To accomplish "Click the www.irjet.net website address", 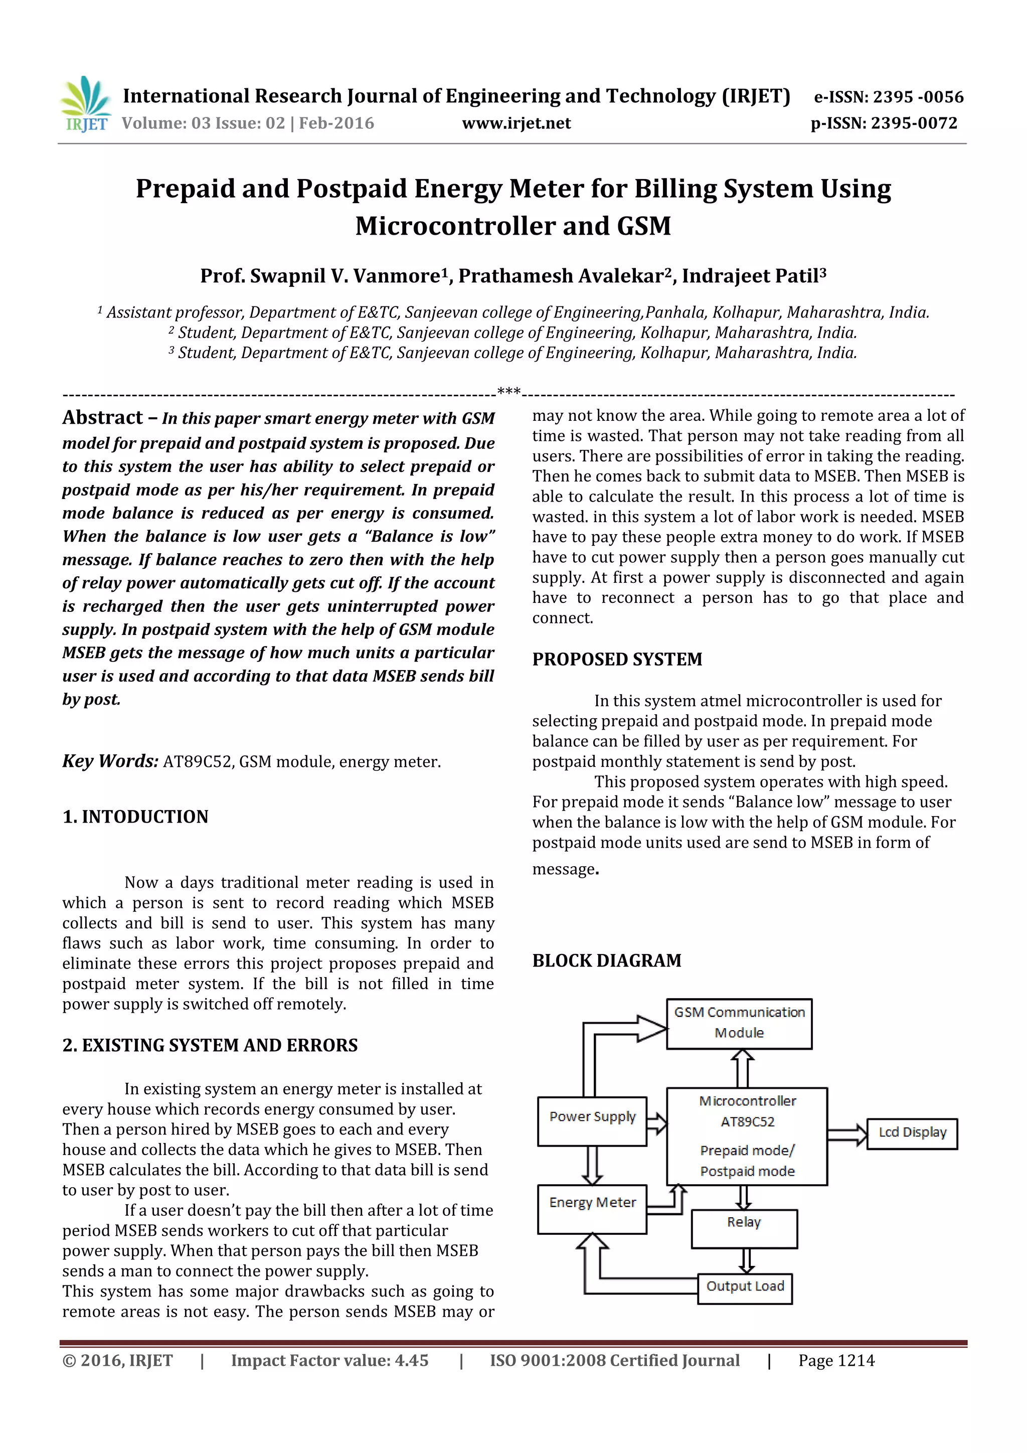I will [517, 123].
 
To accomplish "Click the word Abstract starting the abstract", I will [102, 418].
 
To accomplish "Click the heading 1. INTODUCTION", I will [135, 817].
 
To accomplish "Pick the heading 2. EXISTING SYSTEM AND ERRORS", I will [210, 1045].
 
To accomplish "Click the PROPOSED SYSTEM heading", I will [617, 660].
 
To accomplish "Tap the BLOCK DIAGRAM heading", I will [607, 960].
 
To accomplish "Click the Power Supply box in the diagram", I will [592, 1122].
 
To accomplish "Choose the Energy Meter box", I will [592, 1209].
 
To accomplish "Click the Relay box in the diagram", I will [744, 1229].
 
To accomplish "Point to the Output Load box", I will [745, 1288].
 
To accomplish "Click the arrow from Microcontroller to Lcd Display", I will [846, 1135].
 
